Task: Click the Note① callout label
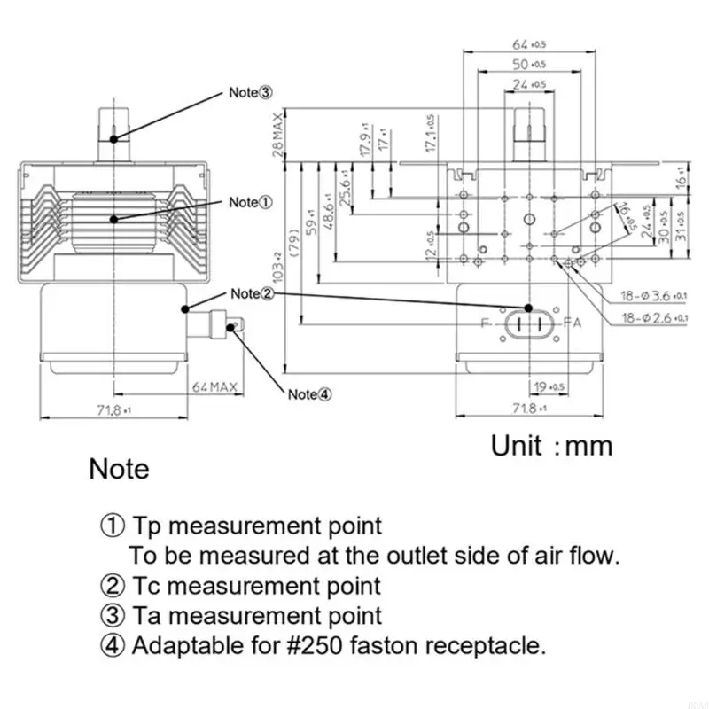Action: click(251, 202)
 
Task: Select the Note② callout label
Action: click(251, 293)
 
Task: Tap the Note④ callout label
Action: click(308, 395)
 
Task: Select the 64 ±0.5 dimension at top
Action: click(528, 44)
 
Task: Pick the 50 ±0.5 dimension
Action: click(528, 65)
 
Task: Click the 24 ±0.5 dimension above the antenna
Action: click(528, 85)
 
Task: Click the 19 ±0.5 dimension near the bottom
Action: click(549, 387)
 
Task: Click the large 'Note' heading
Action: click(119, 468)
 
